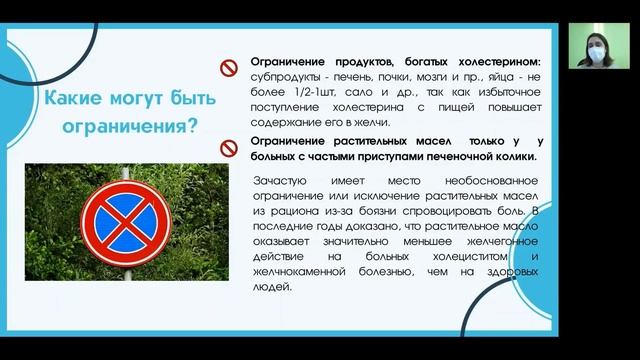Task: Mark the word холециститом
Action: click(x=459, y=256)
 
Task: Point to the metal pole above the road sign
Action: click(x=125, y=176)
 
